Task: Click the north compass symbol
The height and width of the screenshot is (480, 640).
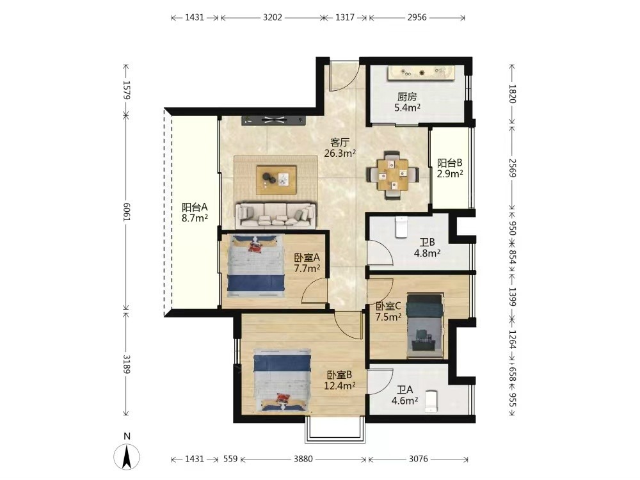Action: [127, 454]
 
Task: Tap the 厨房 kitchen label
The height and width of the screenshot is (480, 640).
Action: [407, 97]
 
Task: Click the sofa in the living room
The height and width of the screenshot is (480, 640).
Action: [275, 215]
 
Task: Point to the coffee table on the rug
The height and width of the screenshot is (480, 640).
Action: [276, 180]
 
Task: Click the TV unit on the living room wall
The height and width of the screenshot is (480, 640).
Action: [273, 120]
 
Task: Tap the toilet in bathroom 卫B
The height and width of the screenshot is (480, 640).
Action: [402, 227]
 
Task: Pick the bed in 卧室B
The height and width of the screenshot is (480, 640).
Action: [282, 380]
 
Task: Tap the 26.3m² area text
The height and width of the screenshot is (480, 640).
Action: [340, 154]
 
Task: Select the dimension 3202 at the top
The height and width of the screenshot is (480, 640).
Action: [272, 17]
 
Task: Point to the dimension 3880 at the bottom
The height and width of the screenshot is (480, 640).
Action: [303, 459]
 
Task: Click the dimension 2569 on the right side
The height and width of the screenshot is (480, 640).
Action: [512, 168]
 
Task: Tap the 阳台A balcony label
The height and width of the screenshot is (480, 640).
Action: [195, 207]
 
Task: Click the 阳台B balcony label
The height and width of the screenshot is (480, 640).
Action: [450, 163]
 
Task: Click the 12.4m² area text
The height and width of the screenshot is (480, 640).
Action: [340, 385]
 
